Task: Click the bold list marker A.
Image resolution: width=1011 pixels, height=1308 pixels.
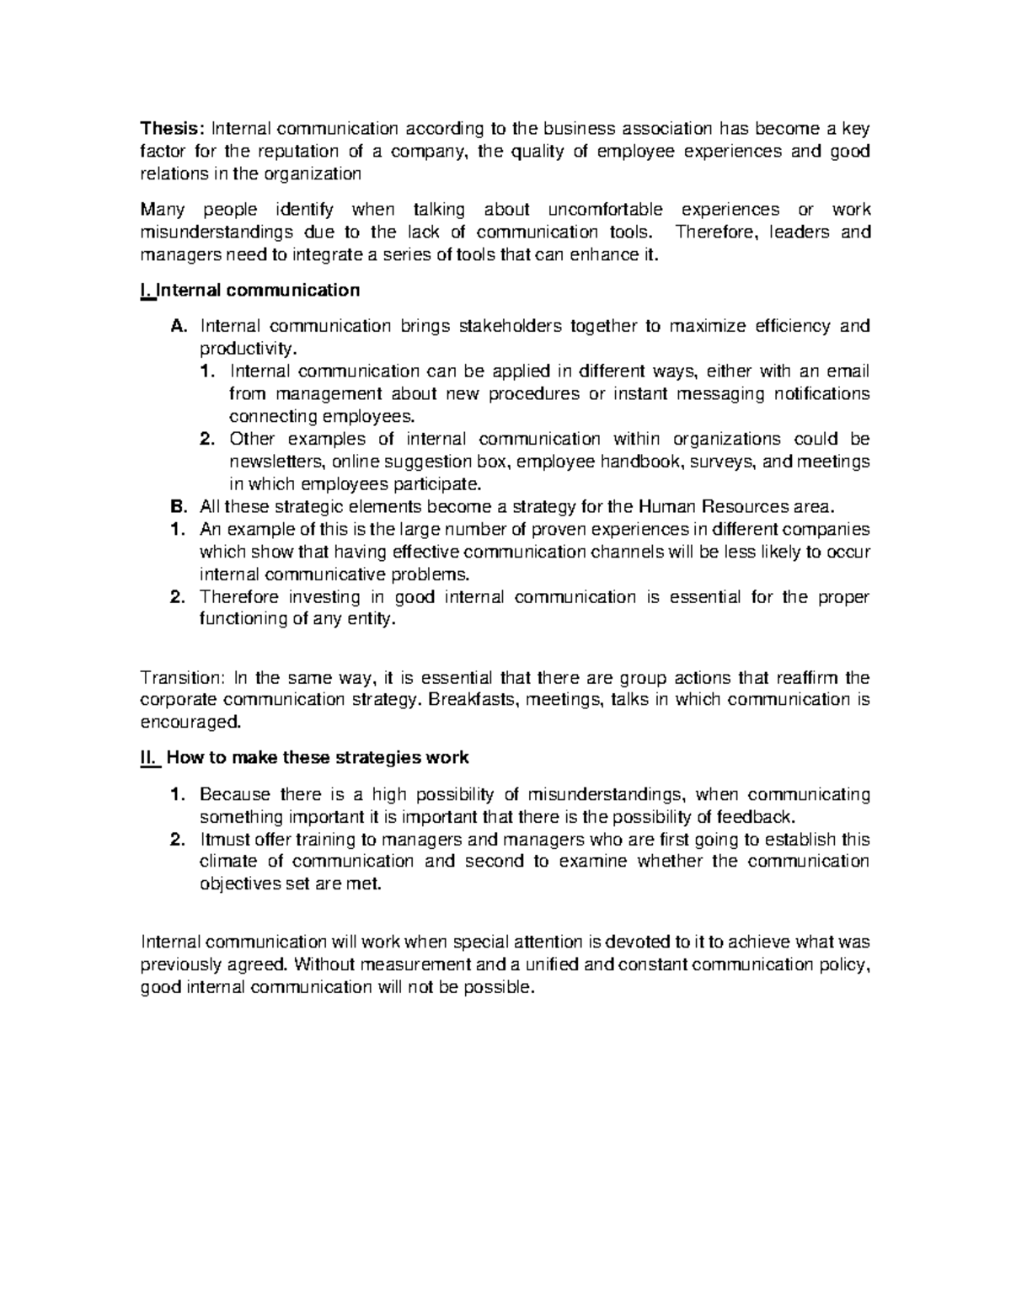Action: tap(176, 326)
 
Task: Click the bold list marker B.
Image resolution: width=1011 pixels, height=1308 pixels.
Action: tap(176, 507)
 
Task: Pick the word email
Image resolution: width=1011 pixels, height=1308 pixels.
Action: tap(848, 371)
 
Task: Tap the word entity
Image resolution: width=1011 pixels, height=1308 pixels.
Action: tap(371, 619)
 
